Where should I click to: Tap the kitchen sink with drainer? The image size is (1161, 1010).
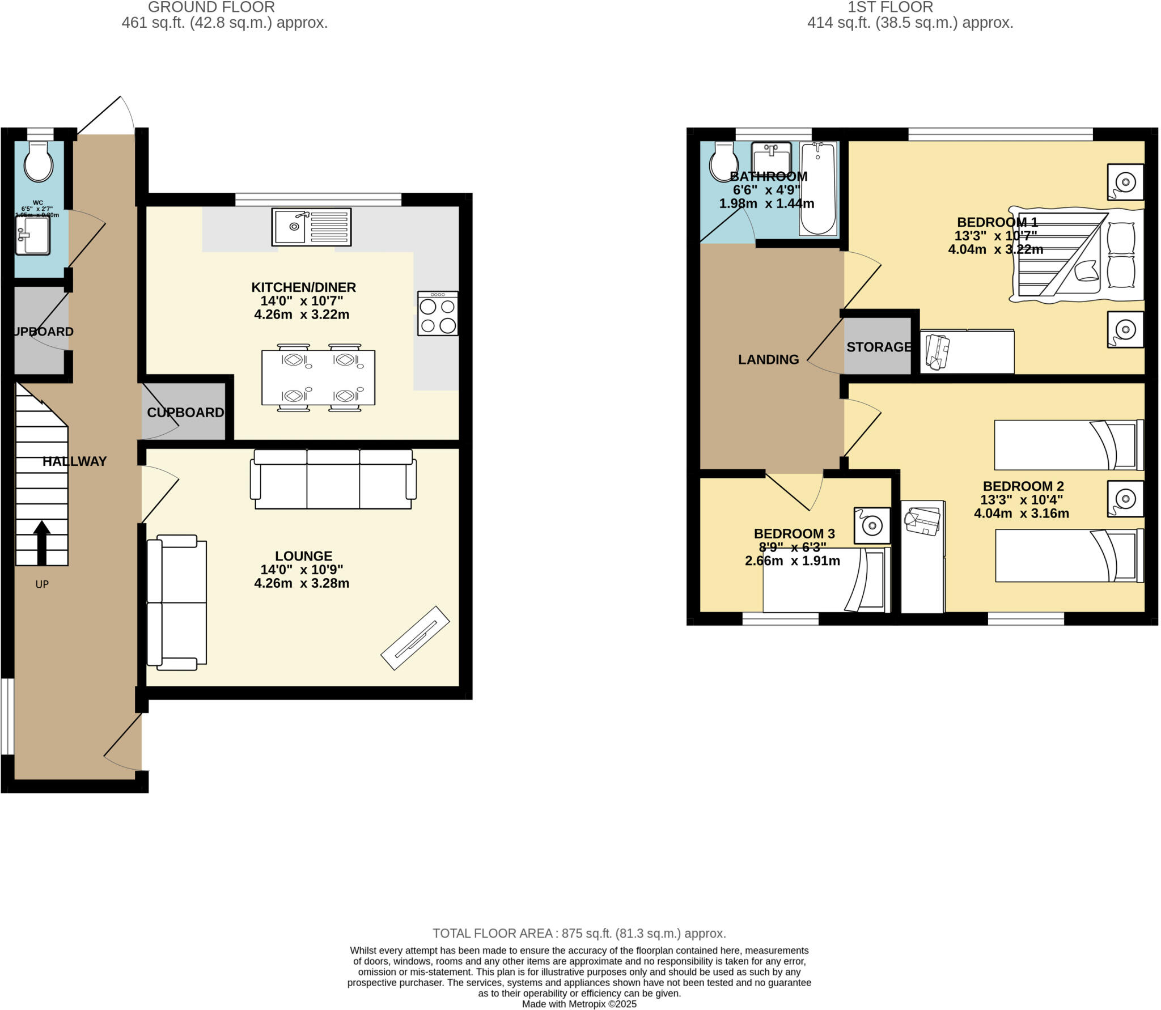[311, 227]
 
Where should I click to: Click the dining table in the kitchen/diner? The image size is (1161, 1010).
[318, 377]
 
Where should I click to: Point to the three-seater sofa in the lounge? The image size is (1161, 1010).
[333, 479]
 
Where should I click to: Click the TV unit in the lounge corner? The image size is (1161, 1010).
[415, 638]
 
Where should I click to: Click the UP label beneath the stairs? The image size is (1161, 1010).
[42, 584]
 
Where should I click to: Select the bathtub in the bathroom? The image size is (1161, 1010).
[818, 189]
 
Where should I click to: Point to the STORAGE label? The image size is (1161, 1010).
[879, 347]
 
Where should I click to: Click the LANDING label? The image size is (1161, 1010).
[768, 359]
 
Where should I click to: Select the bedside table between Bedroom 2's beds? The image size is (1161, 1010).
[1125, 499]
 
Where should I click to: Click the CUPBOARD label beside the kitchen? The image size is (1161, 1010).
[185, 413]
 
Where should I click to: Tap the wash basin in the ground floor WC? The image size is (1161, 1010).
[33, 235]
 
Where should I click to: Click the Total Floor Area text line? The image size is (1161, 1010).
[579, 933]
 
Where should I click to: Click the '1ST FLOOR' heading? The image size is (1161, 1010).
[890, 7]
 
